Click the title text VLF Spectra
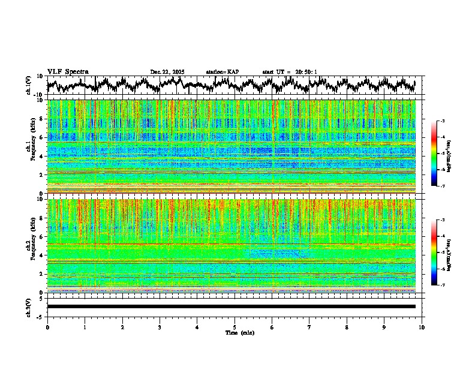pos(68,71)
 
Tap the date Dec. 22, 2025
pos(167,72)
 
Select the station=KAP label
pos(222,72)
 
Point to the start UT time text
pos(290,72)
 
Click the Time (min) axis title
pos(239,332)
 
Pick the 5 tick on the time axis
pos(235,327)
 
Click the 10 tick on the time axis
pos(422,327)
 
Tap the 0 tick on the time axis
pos(47,327)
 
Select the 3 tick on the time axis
pos(160,327)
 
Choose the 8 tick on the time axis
pos(347,327)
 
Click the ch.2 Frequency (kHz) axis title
pos(31,245)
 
